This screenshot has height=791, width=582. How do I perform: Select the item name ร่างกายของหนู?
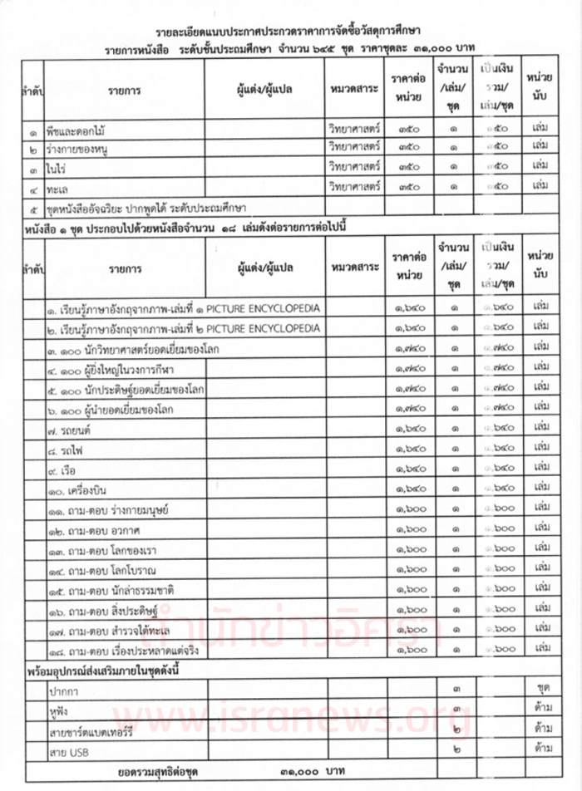tap(81, 150)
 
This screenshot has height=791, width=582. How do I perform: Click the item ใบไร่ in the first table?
tap(57, 168)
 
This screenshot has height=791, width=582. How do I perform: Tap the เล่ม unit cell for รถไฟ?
tap(540, 450)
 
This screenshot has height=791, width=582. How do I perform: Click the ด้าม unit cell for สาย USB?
tap(540, 749)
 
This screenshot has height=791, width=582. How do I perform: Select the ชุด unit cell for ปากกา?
tap(540, 689)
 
